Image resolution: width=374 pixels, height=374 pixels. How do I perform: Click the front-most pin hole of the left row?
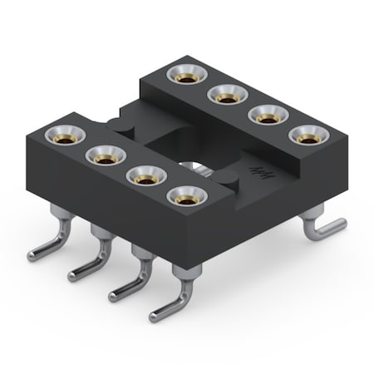[x=186, y=198]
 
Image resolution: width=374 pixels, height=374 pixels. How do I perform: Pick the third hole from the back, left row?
[x=145, y=175]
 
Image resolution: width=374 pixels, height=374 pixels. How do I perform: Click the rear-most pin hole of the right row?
[x=184, y=74]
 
